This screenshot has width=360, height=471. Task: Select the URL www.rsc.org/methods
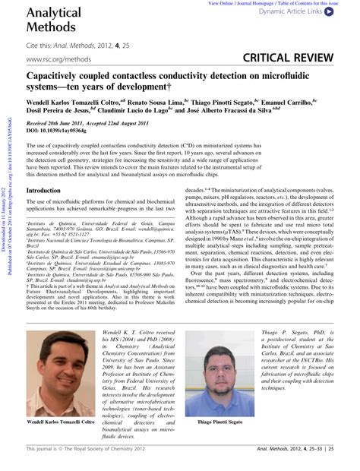56,58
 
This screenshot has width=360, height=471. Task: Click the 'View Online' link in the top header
229,4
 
